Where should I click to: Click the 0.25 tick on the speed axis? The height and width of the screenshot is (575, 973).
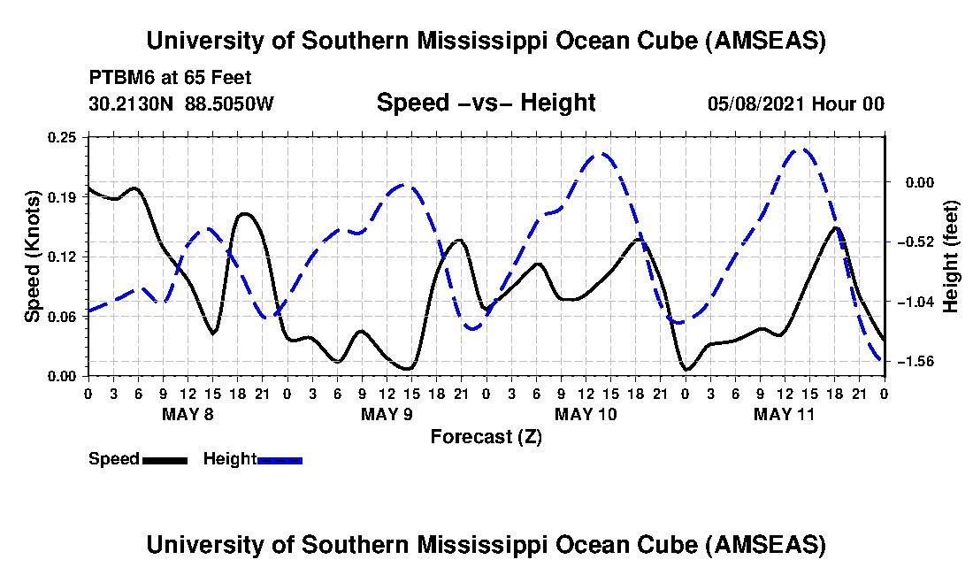click(65, 137)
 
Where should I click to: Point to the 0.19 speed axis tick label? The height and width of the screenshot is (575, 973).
click(65, 196)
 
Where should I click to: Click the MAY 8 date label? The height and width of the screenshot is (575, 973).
click(187, 414)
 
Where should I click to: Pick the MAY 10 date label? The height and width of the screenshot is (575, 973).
click(585, 414)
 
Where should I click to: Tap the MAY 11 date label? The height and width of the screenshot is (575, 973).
click(784, 414)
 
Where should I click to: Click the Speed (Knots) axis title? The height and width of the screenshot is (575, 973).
click(32, 256)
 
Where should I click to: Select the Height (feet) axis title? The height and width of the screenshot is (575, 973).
click(951, 257)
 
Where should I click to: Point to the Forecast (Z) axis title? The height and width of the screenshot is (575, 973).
click(486, 436)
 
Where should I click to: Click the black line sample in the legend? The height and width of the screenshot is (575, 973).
click(165, 460)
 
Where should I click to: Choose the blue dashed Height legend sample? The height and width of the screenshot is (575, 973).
click(280, 460)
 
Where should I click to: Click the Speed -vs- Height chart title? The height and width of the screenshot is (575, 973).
click(486, 103)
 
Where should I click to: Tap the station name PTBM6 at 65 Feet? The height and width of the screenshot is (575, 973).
click(158, 76)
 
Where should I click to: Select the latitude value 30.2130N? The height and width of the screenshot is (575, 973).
click(131, 103)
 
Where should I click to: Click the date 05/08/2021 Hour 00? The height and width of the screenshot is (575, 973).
click(796, 103)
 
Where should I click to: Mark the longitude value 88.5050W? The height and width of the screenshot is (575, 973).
click(230, 103)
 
